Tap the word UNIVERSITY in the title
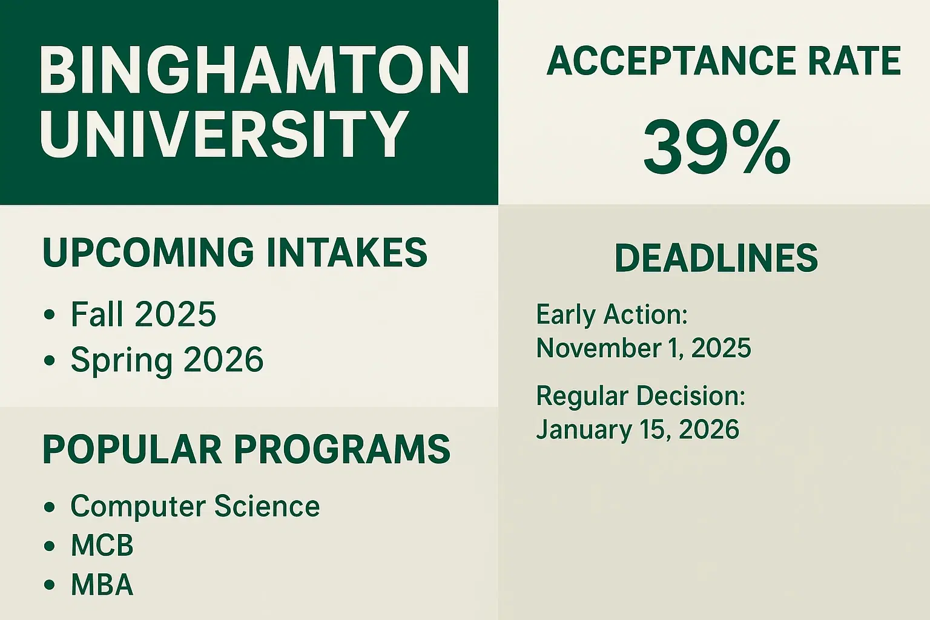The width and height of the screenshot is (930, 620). click(x=224, y=134)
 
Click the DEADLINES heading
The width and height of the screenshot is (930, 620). click(x=716, y=258)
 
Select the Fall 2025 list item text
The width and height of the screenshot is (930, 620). click(x=143, y=314)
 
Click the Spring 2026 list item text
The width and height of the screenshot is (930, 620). click(x=167, y=360)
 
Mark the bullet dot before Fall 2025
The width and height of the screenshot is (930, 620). click(x=50, y=315)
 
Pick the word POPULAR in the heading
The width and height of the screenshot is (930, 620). click(x=132, y=449)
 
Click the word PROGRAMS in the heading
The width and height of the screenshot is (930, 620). click(x=342, y=449)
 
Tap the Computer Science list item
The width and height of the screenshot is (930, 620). click(x=195, y=506)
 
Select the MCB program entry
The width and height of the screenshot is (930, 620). click(x=102, y=546)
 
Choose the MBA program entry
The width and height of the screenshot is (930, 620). click(x=102, y=585)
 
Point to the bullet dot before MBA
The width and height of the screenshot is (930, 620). click(x=50, y=585)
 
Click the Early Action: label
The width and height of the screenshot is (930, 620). click(x=612, y=315)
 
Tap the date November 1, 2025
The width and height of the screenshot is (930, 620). click(x=644, y=348)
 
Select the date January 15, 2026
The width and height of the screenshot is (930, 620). click(x=638, y=430)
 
